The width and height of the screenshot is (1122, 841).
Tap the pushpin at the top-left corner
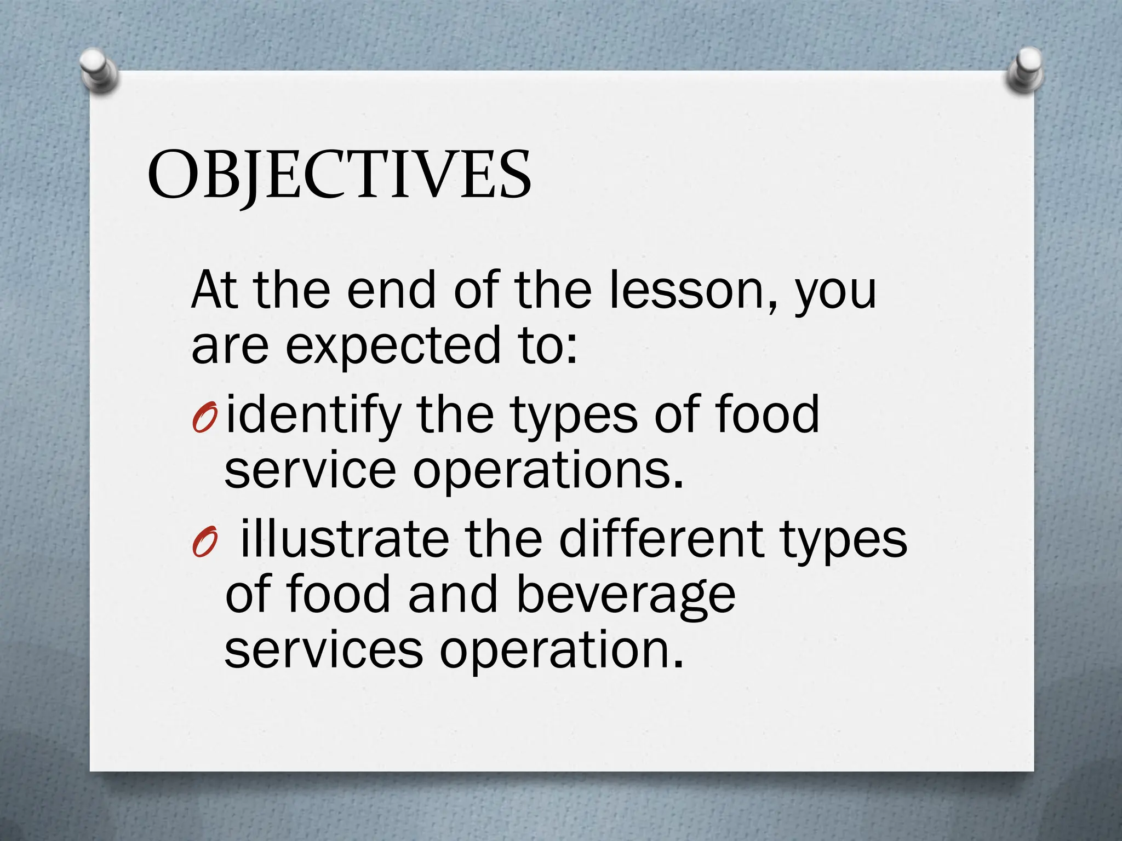98,71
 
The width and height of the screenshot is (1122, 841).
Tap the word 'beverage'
626,595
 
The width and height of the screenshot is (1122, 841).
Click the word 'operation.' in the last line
562,650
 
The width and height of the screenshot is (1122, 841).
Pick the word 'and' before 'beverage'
453,595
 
